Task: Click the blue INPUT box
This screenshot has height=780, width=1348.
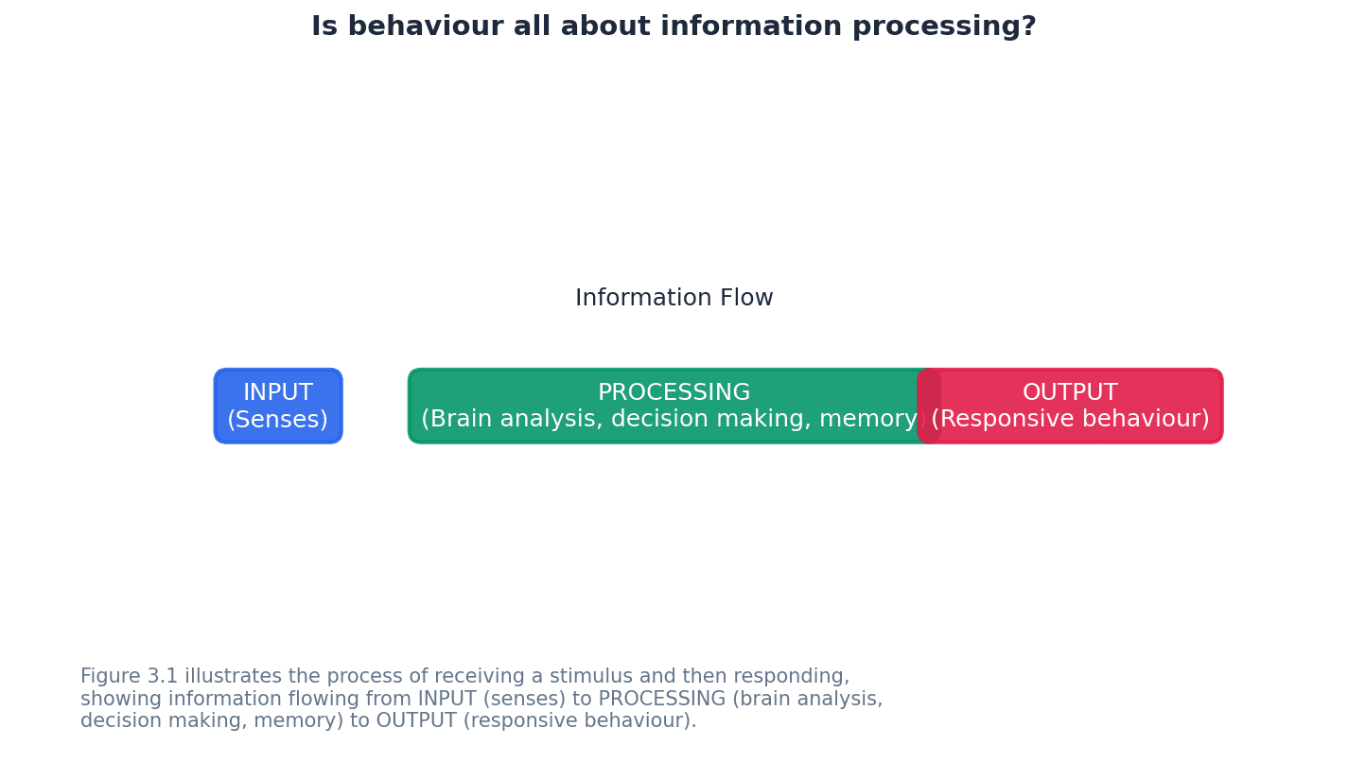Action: pyautogui.click(x=278, y=407)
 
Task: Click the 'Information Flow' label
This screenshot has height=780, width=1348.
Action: pyautogui.click(x=674, y=299)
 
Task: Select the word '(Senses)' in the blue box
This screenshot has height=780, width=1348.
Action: pyautogui.click(x=277, y=420)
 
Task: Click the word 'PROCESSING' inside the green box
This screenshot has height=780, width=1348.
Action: pyautogui.click(x=674, y=393)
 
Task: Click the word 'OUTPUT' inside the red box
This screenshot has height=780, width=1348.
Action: pyautogui.click(x=1070, y=393)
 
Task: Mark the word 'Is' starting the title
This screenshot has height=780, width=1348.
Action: pyautogui.click(x=323, y=27)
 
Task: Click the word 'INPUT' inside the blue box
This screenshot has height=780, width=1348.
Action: pyautogui.click(x=278, y=393)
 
